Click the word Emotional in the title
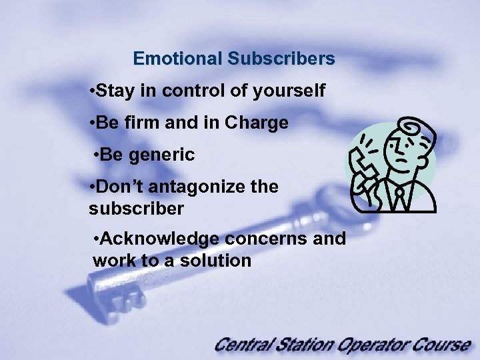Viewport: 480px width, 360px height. pyautogui.click(x=177, y=59)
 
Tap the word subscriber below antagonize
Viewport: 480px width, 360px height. pyautogui.click(x=135, y=209)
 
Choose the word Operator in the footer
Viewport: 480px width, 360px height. pyautogui.click(x=375, y=345)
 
